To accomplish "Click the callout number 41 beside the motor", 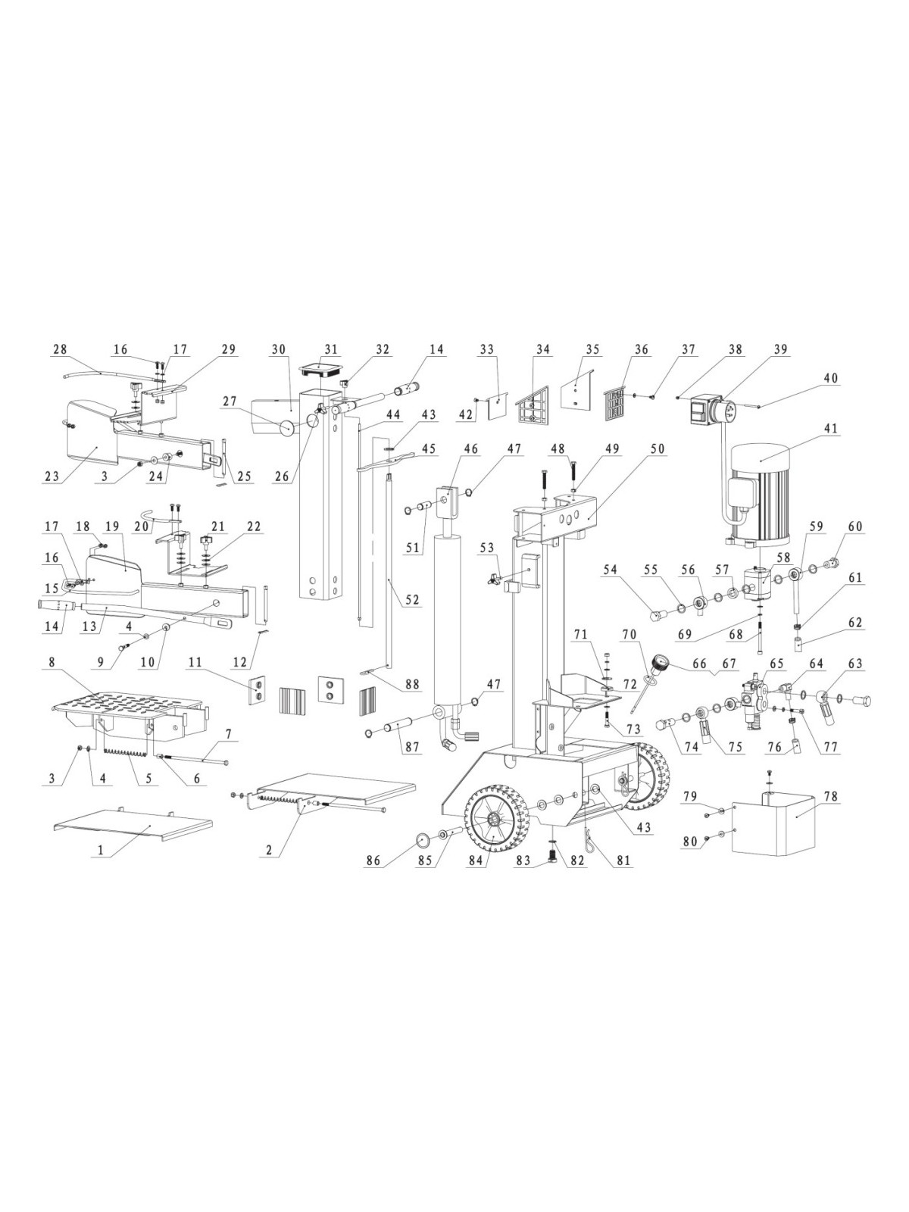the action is [830, 428].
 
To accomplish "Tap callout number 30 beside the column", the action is [278, 349].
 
